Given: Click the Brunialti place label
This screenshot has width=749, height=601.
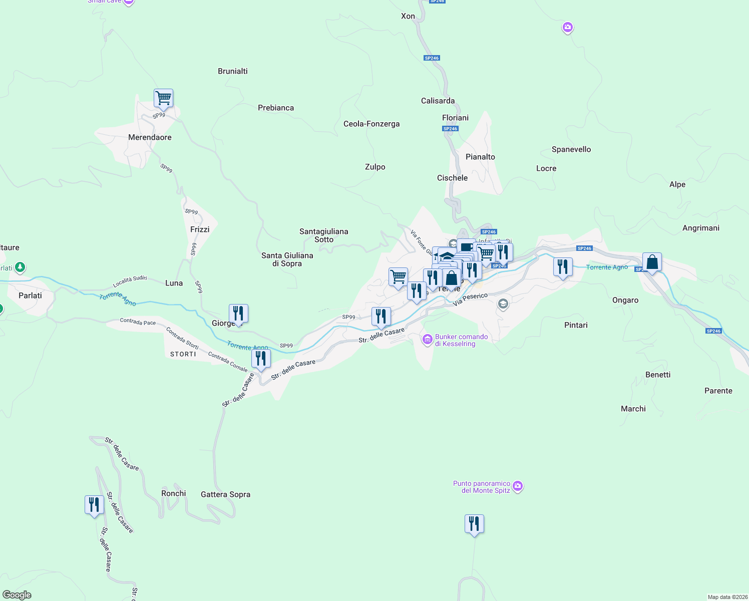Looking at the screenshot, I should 233,71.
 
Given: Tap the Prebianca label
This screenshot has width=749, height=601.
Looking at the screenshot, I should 276,108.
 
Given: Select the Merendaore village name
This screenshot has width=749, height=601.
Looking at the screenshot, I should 150,137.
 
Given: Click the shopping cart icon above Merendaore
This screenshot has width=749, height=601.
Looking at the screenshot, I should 163,98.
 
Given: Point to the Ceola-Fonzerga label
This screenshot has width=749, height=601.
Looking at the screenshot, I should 371,124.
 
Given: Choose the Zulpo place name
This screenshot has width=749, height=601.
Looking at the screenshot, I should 375,167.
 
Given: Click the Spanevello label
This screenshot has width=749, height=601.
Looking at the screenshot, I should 571,149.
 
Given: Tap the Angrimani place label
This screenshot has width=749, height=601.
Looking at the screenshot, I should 701,228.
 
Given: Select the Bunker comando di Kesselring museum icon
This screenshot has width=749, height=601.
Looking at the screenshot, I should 428,340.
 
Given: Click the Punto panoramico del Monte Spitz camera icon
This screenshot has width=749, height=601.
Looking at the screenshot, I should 518,486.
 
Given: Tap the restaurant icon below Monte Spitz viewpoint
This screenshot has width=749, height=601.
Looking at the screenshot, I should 474,524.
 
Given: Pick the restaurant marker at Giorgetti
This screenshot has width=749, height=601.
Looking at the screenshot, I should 238,314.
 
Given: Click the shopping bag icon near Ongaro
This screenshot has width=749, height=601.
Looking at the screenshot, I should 652,262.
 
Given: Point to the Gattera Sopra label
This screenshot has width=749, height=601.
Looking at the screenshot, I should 225,494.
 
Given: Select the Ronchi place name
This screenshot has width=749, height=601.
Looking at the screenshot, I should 174,493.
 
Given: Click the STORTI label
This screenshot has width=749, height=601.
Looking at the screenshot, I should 183,354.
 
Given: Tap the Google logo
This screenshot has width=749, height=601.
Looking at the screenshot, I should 17,595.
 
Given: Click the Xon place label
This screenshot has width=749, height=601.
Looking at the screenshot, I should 408,16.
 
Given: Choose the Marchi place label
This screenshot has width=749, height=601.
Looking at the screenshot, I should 633,409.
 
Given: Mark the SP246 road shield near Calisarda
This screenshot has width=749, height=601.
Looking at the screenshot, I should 432,58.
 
